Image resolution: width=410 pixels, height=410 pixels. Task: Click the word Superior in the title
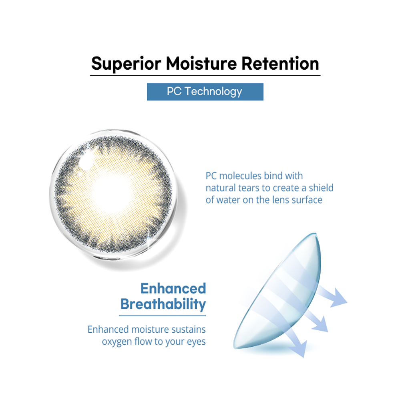point(126,64)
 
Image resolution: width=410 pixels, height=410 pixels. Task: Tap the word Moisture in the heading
point(201,64)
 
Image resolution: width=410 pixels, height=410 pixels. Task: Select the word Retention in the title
point(280,64)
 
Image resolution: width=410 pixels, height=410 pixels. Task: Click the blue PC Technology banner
point(205,92)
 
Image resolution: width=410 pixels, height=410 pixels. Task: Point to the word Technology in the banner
point(213,92)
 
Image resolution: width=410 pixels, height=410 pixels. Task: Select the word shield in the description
point(321,188)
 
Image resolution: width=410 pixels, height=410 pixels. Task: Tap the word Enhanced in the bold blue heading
point(173,288)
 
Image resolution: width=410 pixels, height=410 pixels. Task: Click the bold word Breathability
point(163,304)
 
